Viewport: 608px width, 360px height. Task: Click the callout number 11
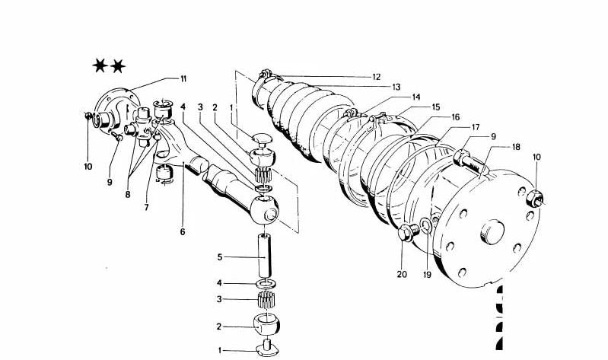pos(183,78)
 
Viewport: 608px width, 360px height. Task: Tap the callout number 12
pos(376,76)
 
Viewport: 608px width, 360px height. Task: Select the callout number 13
pos(396,87)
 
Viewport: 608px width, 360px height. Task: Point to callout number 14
pos(416,97)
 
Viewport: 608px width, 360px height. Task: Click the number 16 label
pos(455,117)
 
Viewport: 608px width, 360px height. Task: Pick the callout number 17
pos(475,127)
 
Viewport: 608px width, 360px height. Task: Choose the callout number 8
pos(128,194)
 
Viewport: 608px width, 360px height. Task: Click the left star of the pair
pos(100,67)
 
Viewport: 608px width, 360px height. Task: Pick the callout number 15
pos(436,107)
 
